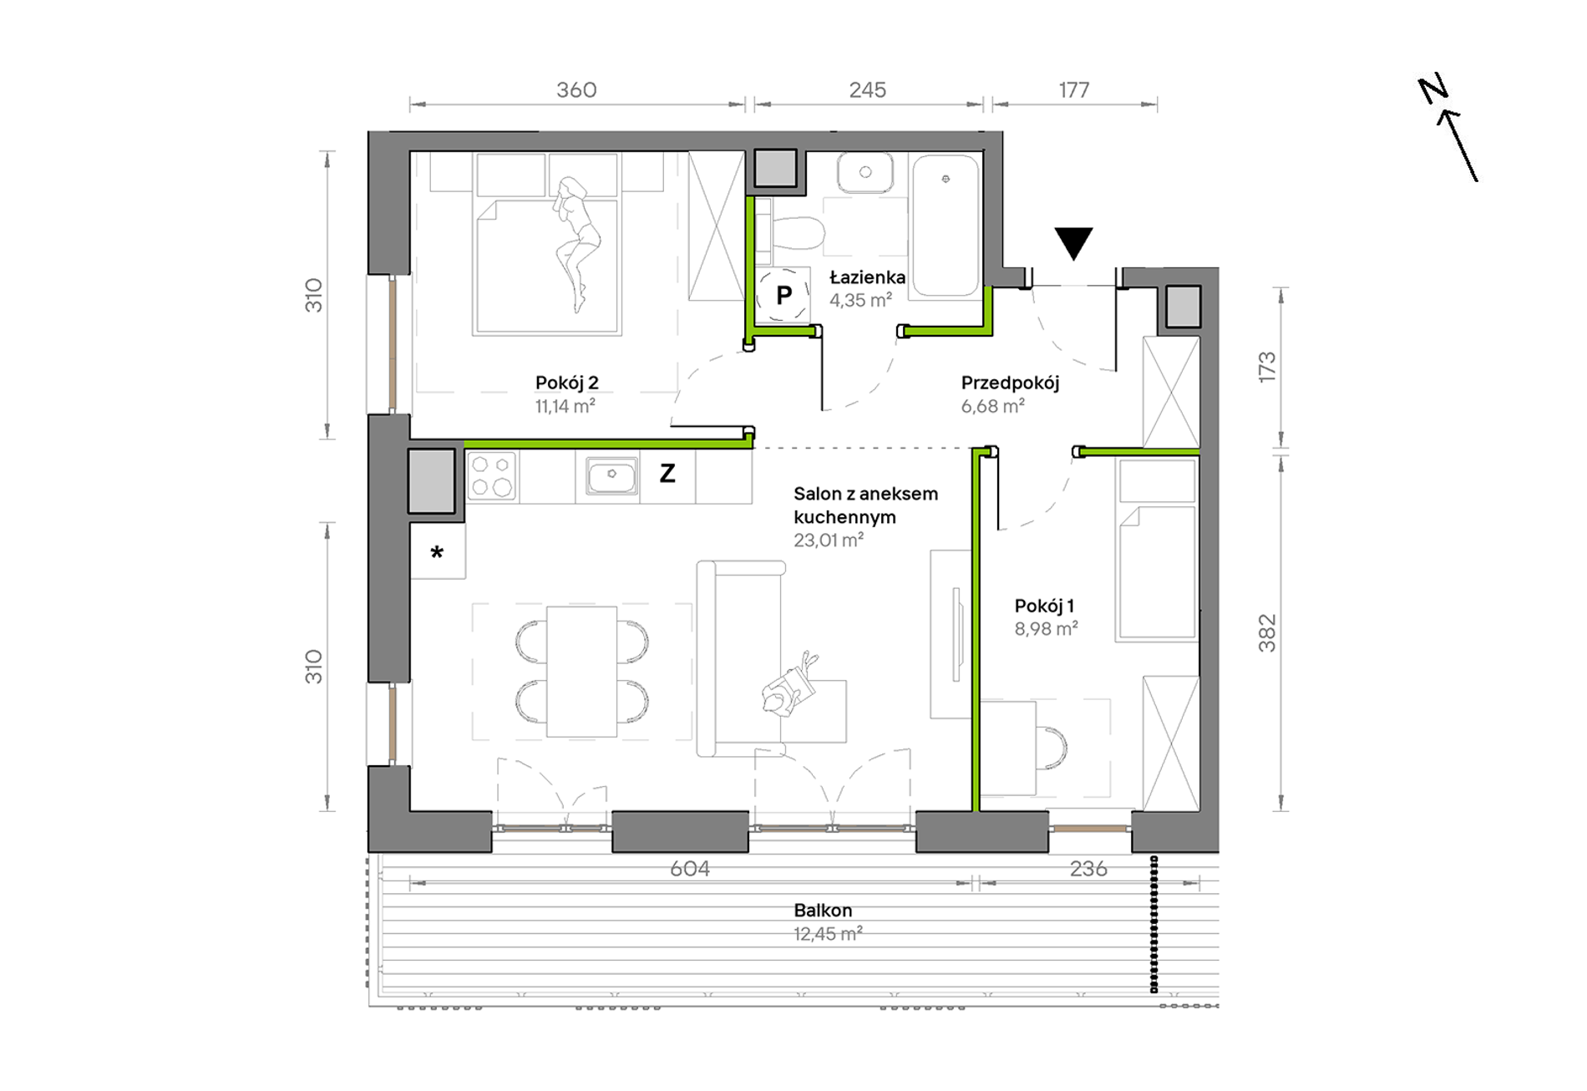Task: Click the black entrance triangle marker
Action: coord(1073,242)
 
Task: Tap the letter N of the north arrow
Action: coord(1433,89)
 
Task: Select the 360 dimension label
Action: coord(576,89)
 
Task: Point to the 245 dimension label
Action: coord(868,89)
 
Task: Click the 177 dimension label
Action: coord(1074,89)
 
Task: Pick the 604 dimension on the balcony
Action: coord(690,869)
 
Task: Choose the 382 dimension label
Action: coord(1267,632)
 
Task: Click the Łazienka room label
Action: coord(867,277)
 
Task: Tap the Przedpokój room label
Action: coord(1010,383)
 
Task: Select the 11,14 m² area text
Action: coord(565,406)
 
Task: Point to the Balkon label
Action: coord(823,910)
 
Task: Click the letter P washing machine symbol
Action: coord(783,295)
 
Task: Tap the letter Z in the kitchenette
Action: coord(667,474)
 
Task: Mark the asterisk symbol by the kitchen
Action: coord(437,552)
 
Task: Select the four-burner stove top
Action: coord(492,476)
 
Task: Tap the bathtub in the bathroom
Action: coord(946,225)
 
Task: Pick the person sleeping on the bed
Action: coord(575,242)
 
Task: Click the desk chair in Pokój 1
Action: coord(1052,747)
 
